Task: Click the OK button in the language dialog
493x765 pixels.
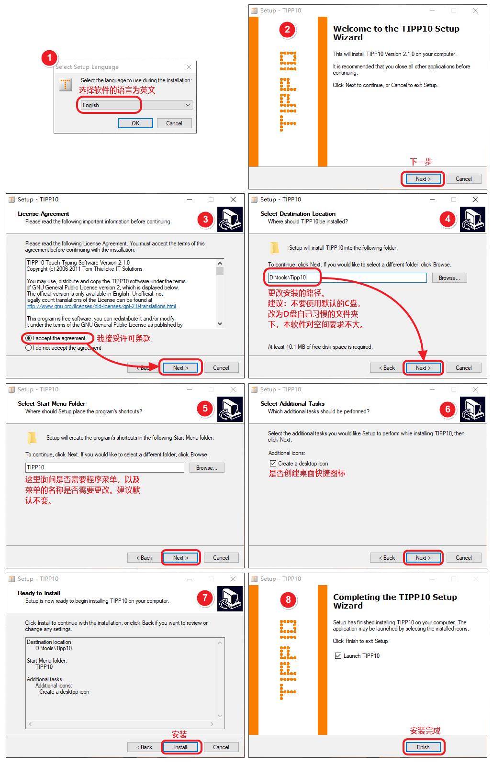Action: (x=135, y=123)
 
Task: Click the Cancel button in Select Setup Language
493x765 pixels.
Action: (x=174, y=123)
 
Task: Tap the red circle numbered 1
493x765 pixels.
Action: (x=49, y=57)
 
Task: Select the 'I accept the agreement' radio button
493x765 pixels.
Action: (x=29, y=338)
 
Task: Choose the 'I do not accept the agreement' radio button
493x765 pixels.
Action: (x=29, y=348)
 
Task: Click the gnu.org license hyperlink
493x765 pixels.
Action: (x=101, y=306)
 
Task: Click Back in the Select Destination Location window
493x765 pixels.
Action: (x=387, y=368)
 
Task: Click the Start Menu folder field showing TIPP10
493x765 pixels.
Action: (x=104, y=467)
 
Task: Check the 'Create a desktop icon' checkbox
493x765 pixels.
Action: (x=273, y=464)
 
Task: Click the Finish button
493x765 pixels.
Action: (x=423, y=747)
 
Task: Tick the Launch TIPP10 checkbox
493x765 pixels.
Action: (x=338, y=656)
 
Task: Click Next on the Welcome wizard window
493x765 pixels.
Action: (x=423, y=178)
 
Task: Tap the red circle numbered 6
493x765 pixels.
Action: (x=448, y=409)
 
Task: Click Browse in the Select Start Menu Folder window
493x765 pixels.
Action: (x=207, y=467)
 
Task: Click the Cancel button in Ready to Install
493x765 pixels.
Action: (x=221, y=747)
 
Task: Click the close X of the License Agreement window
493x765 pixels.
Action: (x=233, y=200)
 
